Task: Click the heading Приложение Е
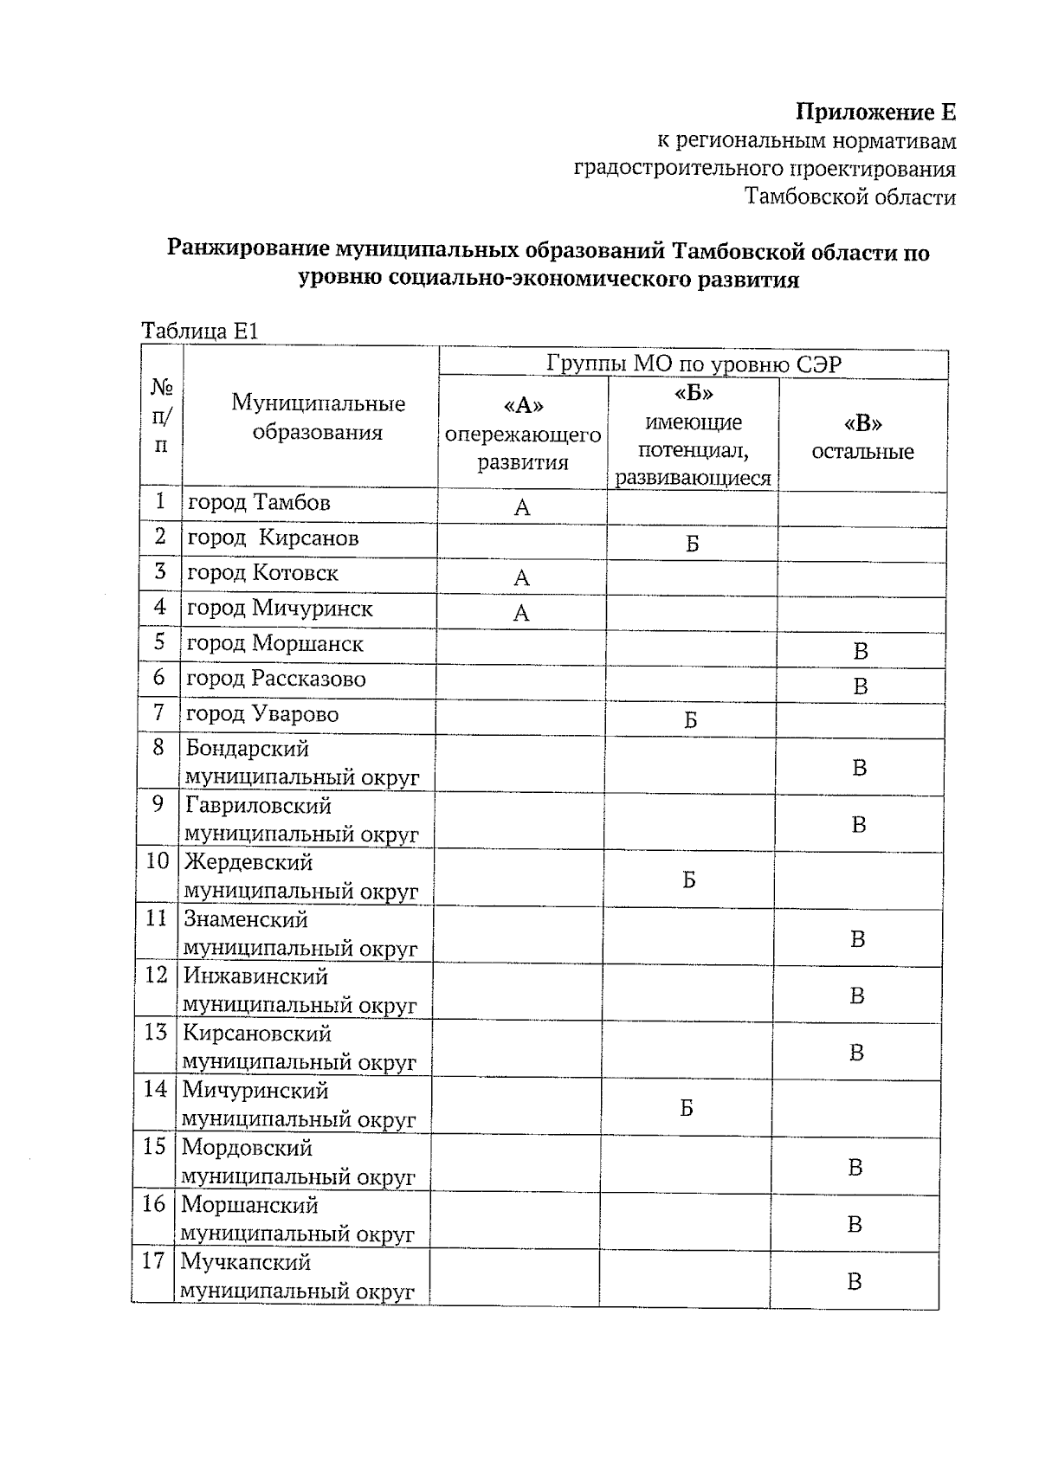[875, 113]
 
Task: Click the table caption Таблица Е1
[200, 331]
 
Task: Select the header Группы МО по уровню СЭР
[694, 363]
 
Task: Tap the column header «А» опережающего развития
[523, 434]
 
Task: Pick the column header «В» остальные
[862, 437]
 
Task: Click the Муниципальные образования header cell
[318, 417]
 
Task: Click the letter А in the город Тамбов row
[522, 508]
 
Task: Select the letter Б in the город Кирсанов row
[693, 544]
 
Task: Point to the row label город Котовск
[262, 573]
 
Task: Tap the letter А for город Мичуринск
[521, 614]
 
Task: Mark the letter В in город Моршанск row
[860, 651]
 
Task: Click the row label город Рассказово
[276, 679]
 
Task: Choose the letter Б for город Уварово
[691, 720]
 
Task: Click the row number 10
[157, 862]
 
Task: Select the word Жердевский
[248, 862]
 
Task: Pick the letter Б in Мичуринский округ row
[687, 1108]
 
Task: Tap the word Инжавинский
[255, 976]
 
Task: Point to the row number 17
[153, 1261]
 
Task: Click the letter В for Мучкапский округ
[854, 1282]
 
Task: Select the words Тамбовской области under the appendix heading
[851, 197]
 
